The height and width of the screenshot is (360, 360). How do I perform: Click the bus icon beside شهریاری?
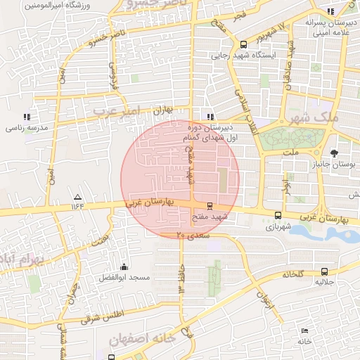278,216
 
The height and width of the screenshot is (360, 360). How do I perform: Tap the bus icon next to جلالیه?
324,271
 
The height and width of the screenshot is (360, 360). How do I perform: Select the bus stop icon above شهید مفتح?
210,205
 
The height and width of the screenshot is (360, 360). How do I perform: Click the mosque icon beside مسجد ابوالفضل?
124,266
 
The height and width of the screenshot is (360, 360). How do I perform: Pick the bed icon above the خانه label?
304,331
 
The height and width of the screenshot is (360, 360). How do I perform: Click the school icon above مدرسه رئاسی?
27,117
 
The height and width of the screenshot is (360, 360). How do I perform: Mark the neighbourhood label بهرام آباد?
20,260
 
